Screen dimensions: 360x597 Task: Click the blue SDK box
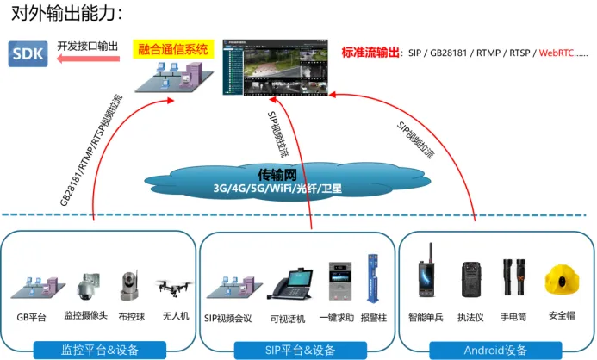pyautogui.click(x=28, y=54)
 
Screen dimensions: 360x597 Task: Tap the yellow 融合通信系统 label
pyautogui.click(x=173, y=50)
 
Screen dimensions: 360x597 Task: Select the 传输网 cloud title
pyautogui.click(x=277, y=172)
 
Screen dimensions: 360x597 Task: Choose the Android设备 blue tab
pyautogui.click(x=494, y=350)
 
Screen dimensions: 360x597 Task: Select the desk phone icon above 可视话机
pyautogui.click(x=286, y=282)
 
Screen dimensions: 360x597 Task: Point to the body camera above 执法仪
pyautogui.click(x=470, y=278)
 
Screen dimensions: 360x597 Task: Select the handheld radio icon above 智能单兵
pyautogui.click(x=425, y=275)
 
